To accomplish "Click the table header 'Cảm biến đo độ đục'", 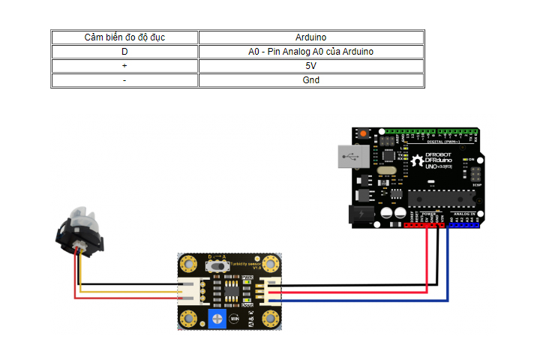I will click(x=125, y=37).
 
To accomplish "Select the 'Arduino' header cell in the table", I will click(x=311, y=37).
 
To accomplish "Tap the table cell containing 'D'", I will click(x=125, y=52).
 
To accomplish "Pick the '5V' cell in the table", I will click(x=311, y=66).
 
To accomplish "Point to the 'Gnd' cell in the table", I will click(x=311, y=80).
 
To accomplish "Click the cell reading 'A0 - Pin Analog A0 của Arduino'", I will click(x=311, y=52).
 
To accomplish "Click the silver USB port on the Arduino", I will click(x=352, y=159).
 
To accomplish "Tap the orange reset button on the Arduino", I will click(x=364, y=133).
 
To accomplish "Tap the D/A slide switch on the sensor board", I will click(x=218, y=265).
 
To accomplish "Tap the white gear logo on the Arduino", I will click(x=417, y=160).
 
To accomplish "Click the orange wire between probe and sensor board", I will click(x=127, y=291).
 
